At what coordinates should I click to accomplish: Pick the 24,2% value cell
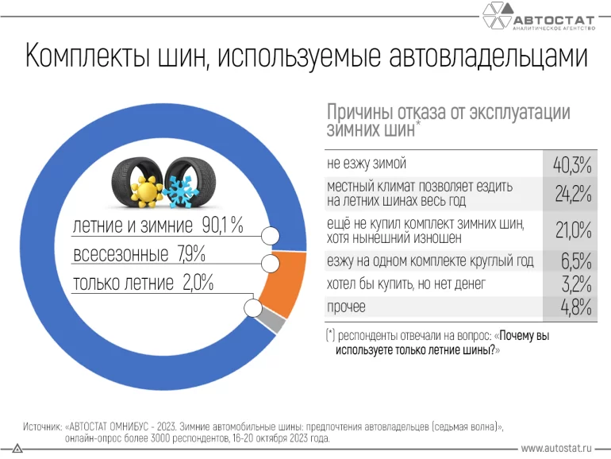point(572,193)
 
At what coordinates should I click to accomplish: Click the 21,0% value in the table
point(572,229)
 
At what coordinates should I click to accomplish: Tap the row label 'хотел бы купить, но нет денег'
point(405,283)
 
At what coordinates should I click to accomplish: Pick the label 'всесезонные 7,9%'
point(139,255)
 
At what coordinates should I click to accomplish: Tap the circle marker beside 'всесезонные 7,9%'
point(268,264)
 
